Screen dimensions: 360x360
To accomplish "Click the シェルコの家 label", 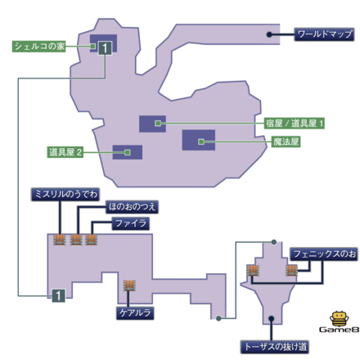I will click(x=38, y=47).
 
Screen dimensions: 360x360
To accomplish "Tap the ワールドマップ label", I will click(x=324, y=35).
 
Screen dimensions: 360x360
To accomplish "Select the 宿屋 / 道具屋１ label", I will click(x=295, y=124).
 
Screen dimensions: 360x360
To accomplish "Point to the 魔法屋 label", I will click(x=286, y=141).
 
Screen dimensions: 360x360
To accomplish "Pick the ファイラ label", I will click(x=130, y=223).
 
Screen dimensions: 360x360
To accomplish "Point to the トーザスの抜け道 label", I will click(x=274, y=346).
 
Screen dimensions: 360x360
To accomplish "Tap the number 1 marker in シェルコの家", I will click(x=105, y=48).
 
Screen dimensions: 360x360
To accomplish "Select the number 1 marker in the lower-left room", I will click(x=57, y=295).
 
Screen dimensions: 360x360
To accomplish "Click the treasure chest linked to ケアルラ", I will click(x=128, y=286).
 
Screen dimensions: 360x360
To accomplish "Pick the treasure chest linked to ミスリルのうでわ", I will click(x=60, y=240).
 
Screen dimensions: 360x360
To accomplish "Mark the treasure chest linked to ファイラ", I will click(x=92, y=240).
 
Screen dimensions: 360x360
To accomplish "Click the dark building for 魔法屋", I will click(x=198, y=141).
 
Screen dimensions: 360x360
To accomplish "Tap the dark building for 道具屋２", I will click(x=127, y=152).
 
